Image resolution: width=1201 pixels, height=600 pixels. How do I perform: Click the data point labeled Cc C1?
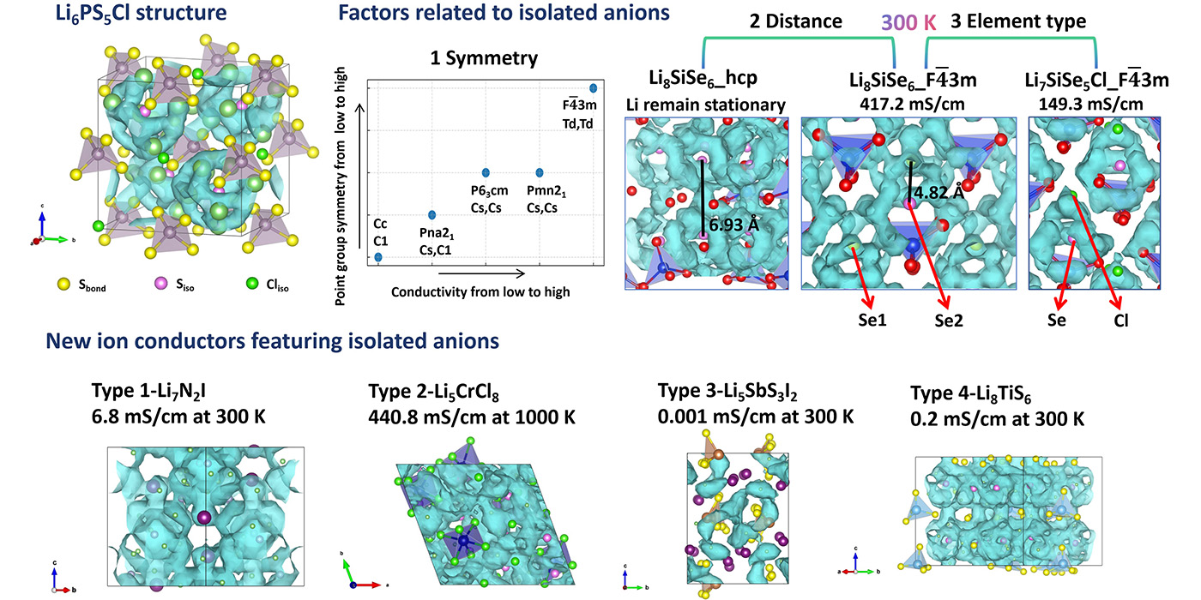click(378, 257)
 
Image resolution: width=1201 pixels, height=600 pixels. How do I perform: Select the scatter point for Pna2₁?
click(432, 214)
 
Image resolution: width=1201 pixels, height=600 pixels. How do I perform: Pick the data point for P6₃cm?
click(486, 172)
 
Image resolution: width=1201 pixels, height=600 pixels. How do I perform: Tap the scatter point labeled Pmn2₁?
click(540, 172)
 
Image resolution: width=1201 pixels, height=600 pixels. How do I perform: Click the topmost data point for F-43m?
click(594, 87)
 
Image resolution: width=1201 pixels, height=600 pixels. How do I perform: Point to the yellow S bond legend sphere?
click(63, 284)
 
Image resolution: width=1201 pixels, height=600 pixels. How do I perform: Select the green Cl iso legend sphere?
click(250, 284)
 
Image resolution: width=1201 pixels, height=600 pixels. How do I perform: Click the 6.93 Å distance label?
click(735, 225)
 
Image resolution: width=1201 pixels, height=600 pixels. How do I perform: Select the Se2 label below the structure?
click(950, 322)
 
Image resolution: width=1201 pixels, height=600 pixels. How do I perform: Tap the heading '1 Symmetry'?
click(485, 58)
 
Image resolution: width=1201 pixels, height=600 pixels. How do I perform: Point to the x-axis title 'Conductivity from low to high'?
click(480, 291)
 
